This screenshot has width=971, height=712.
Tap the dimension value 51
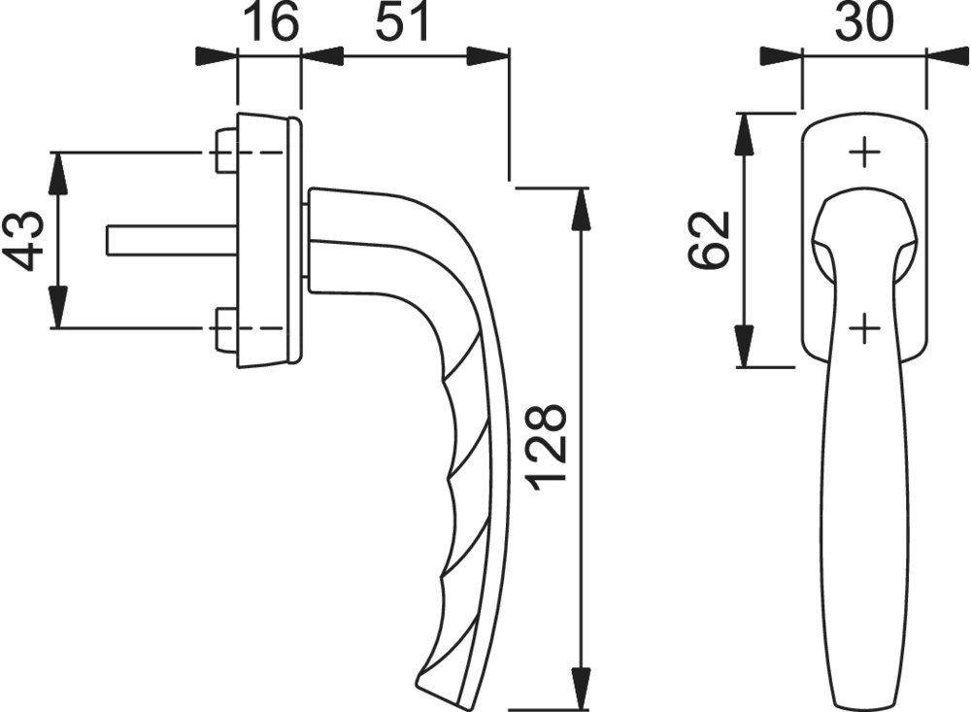point(402,23)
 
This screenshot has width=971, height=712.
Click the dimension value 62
point(709,241)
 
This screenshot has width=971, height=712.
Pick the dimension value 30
point(864,23)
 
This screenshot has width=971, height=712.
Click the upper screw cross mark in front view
point(864,153)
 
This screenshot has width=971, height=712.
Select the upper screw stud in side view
point(226,152)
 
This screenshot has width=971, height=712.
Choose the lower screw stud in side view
point(226,328)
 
